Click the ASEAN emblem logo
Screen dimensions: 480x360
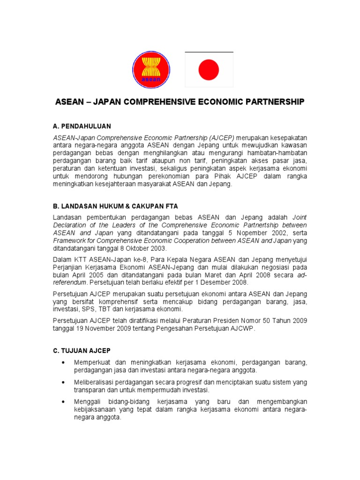[x=151, y=68]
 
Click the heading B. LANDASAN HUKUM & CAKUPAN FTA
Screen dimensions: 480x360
[x=115, y=206]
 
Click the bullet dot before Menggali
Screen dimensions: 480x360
[x=63, y=402]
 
